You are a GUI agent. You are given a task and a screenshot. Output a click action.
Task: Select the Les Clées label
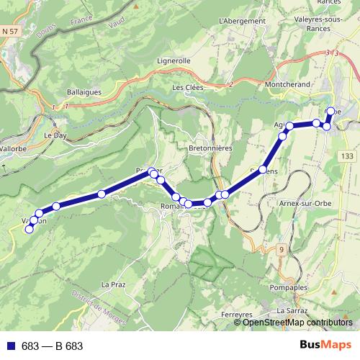[x=188, y=88]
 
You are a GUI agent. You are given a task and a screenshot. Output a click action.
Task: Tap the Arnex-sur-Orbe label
[x=302, y=203]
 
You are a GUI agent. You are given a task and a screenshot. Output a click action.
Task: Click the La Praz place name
[x=114, y=284]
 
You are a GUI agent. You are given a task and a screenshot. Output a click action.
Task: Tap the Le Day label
[x=55, y=135]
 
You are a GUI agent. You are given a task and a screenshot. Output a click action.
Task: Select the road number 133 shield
[x=348, y=156]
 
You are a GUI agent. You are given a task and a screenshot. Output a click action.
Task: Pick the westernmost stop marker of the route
[x=30, y=230]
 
